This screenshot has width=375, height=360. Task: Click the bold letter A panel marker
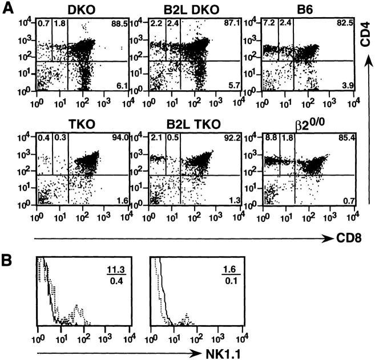coord(8,10)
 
